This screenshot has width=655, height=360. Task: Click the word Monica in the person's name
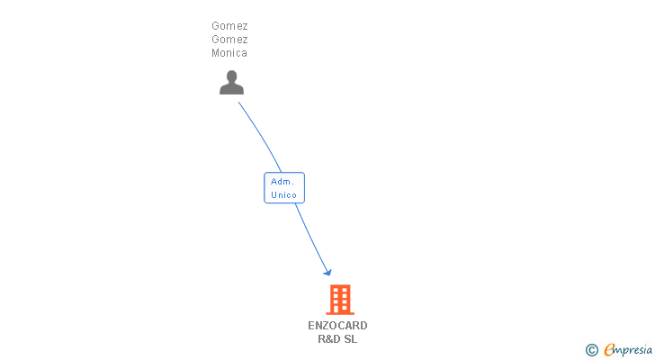pyautogui.click(x=229, y=53)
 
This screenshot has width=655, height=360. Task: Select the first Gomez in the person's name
pyautogui.click(x=229, y=26)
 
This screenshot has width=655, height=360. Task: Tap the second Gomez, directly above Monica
pyautogui.click(x=229, y=40)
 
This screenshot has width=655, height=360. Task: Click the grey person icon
pyautogui.click(x=231, y=83)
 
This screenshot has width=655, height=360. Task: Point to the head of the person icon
pyautogui.click(x=231, y=76)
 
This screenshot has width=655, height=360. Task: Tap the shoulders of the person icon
pyautogui.click(x=231, y=89)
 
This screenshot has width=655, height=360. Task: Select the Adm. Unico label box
pyautogui.click(x=284, y=187)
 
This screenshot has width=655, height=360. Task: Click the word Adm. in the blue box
pyautogui.click(x=283, y=181)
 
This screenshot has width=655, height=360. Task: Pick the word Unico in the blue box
pyautogui.click(x=283, y=194)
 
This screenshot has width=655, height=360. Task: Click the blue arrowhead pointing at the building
pyautogui.click(x=328, y=272)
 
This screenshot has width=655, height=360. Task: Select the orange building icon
pyautogui.click(x=339, y=299)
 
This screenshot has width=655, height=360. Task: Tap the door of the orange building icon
pyautogui.click(x=339, y=309)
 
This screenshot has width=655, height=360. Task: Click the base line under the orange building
pyautogui.click(x=339, y=313)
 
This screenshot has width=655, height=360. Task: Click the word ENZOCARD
pyautogui.click(x=337, y=326)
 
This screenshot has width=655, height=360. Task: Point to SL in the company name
pyautogui.click(x=351, y=339)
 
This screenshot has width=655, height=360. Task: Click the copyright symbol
pyautogui.click(x=591, y=350)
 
